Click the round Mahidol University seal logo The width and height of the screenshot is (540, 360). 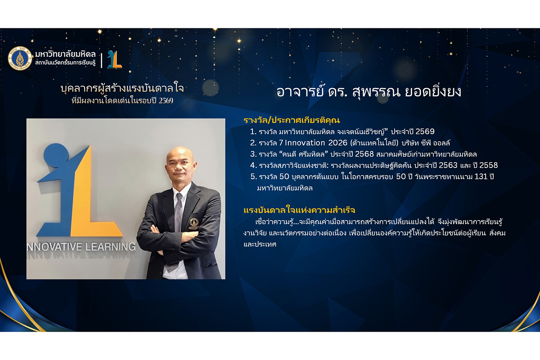[20, 58]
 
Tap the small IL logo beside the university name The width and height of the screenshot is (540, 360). [114, 59]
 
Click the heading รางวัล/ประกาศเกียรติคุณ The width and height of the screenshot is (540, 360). [292, 120]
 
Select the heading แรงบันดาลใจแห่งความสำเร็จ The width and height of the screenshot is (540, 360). [299, 210]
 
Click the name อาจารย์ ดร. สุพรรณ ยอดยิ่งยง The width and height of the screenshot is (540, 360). [369, 92]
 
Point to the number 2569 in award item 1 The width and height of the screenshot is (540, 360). [425, 131]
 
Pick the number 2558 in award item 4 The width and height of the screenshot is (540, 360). [488, 165]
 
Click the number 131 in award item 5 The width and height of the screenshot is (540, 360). [481, 176]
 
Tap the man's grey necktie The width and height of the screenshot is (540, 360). [178, 212]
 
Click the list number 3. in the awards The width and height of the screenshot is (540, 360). [253, 154]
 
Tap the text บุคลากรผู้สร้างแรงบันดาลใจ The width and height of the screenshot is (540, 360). [122, 88]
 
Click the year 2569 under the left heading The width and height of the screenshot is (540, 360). [166, 100]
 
